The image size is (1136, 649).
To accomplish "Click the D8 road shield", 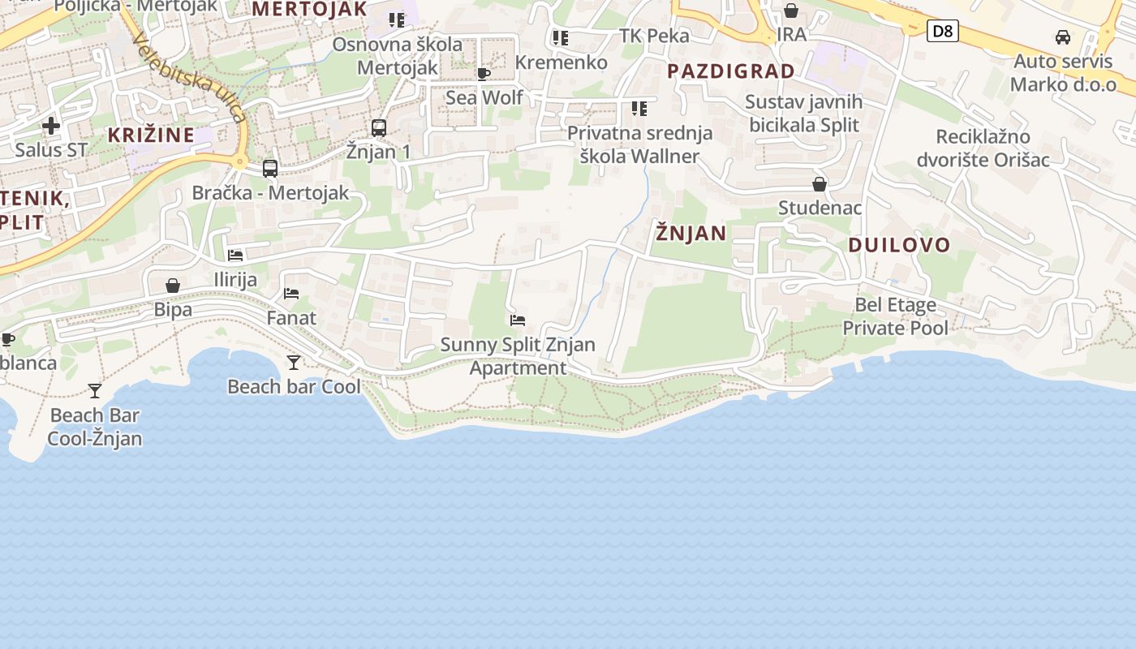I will coord(942,32).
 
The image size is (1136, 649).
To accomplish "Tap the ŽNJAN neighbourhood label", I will coord(691,234).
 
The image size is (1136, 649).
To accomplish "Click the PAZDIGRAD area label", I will coord(731,71).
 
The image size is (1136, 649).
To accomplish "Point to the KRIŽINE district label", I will coord(151,135).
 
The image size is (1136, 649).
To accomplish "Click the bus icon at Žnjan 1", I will coord(379,127).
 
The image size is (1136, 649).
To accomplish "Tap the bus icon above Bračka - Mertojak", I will coord(270,169).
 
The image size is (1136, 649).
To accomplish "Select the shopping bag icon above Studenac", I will coord(820,184).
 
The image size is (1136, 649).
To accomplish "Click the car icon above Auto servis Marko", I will coord(1062,37).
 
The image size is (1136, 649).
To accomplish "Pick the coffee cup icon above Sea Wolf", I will coord(484,75).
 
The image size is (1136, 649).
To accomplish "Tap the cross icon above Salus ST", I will coord(51,126).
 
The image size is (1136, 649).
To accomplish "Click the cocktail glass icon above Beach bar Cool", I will coord(294,363).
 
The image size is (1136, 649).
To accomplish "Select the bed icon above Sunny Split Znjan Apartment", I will coord(518,320).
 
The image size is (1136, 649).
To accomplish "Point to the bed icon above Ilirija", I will coord(235,256).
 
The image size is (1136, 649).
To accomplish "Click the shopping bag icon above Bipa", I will coord(173,286).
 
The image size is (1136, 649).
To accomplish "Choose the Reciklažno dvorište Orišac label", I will coord(983,148).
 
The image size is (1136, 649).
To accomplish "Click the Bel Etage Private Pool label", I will coord(895,316).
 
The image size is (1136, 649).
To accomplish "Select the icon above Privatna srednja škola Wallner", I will coord(639,108).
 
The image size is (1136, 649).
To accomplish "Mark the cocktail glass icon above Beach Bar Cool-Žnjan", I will coord(95,391).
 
